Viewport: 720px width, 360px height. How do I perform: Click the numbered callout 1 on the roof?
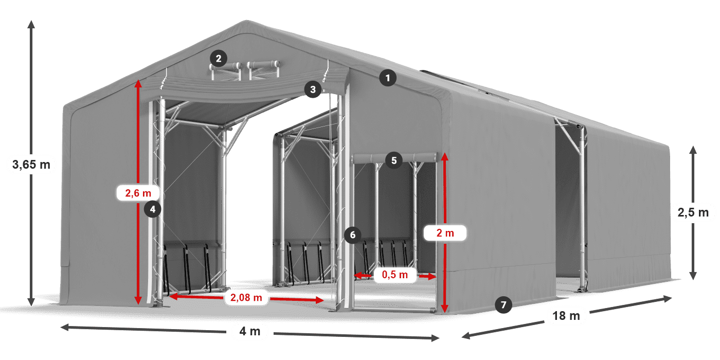point(388,78)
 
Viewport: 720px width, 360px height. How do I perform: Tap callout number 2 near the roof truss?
point(219,59)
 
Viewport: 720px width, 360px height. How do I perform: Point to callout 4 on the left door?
point(153,209)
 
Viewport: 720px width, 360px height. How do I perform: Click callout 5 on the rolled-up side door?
point(393,160)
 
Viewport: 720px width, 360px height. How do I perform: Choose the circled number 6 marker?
point(352,235)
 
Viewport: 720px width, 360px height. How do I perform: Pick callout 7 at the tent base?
point(503,304)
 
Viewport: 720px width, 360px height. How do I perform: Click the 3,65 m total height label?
point(31,165)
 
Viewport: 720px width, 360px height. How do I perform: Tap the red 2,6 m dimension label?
point(138,193)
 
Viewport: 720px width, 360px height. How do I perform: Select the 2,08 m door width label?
point(246,297)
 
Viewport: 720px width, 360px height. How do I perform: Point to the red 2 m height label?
point(445,233)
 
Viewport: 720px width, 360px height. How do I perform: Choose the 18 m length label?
point(566,316)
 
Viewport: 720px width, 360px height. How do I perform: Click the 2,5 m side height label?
point(693,211)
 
